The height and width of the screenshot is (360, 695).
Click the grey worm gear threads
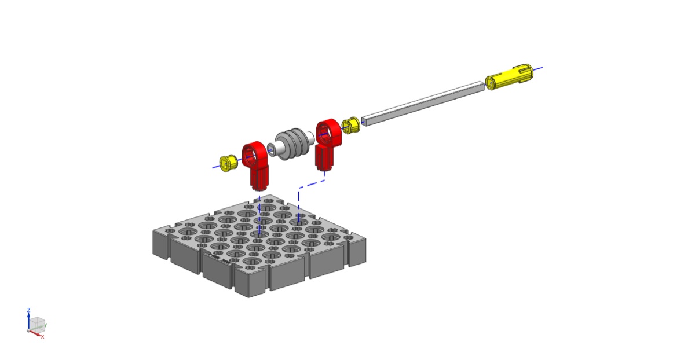[x=292, y=144]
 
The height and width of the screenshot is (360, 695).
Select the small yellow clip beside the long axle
[x=351, y=125]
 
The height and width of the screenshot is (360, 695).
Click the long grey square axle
[x=423, y=104]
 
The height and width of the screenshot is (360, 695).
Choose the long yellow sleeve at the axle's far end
[x=509, y=77]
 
